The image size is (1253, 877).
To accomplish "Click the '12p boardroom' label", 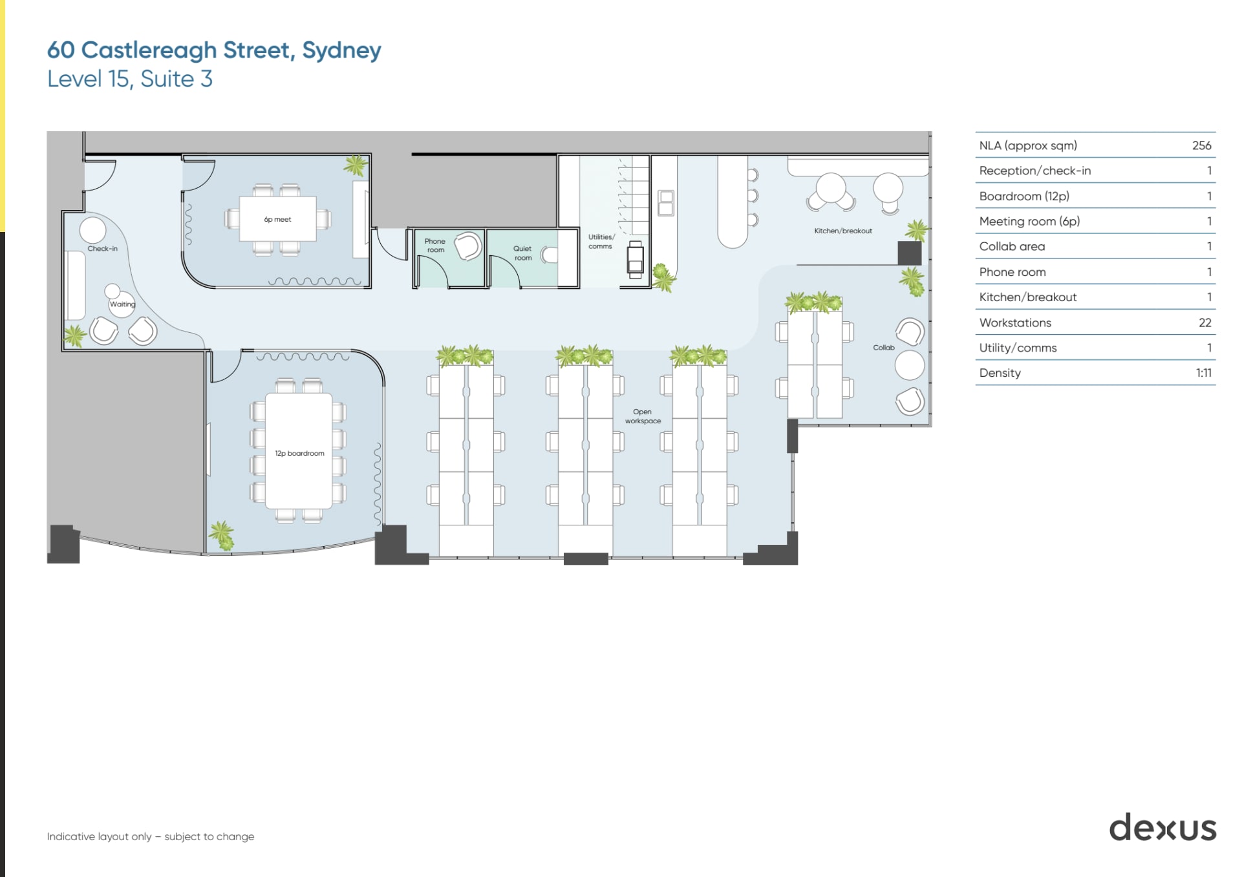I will (x=299, y=453).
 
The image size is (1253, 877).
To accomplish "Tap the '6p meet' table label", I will (x=277, y=219).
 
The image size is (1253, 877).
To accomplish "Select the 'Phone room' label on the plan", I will (x=435, y=246).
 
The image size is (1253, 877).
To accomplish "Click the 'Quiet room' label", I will (x=522, y=253).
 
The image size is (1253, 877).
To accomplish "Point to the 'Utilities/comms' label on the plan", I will (x=601, y=241).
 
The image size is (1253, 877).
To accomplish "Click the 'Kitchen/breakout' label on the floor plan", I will (x=842, y=231).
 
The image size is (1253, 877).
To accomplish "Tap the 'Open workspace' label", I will (x=643, y=416).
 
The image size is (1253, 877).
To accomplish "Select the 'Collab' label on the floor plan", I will (x=883, y=348).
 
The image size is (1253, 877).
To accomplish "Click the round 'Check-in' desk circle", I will (x=92, y=230).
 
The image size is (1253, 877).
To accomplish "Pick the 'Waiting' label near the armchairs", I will (x=122, y=304).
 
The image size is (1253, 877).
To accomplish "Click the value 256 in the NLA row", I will (x=1201, y=145).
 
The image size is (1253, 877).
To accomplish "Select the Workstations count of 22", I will (x=1205, y=322).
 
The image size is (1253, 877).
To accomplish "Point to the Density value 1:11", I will (x=1203, y=373).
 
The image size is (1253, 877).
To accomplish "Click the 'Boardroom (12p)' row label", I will (x=1024, y=196).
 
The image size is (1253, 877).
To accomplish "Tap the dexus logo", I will (x=1162, y=828).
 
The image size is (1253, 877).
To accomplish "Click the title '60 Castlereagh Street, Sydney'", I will (x=214, y=50).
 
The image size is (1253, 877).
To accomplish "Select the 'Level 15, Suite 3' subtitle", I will (x=129, y=79).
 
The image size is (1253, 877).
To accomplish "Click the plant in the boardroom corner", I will (x=222, y=535).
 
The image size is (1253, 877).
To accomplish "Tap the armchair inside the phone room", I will (x=467, y=246).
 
